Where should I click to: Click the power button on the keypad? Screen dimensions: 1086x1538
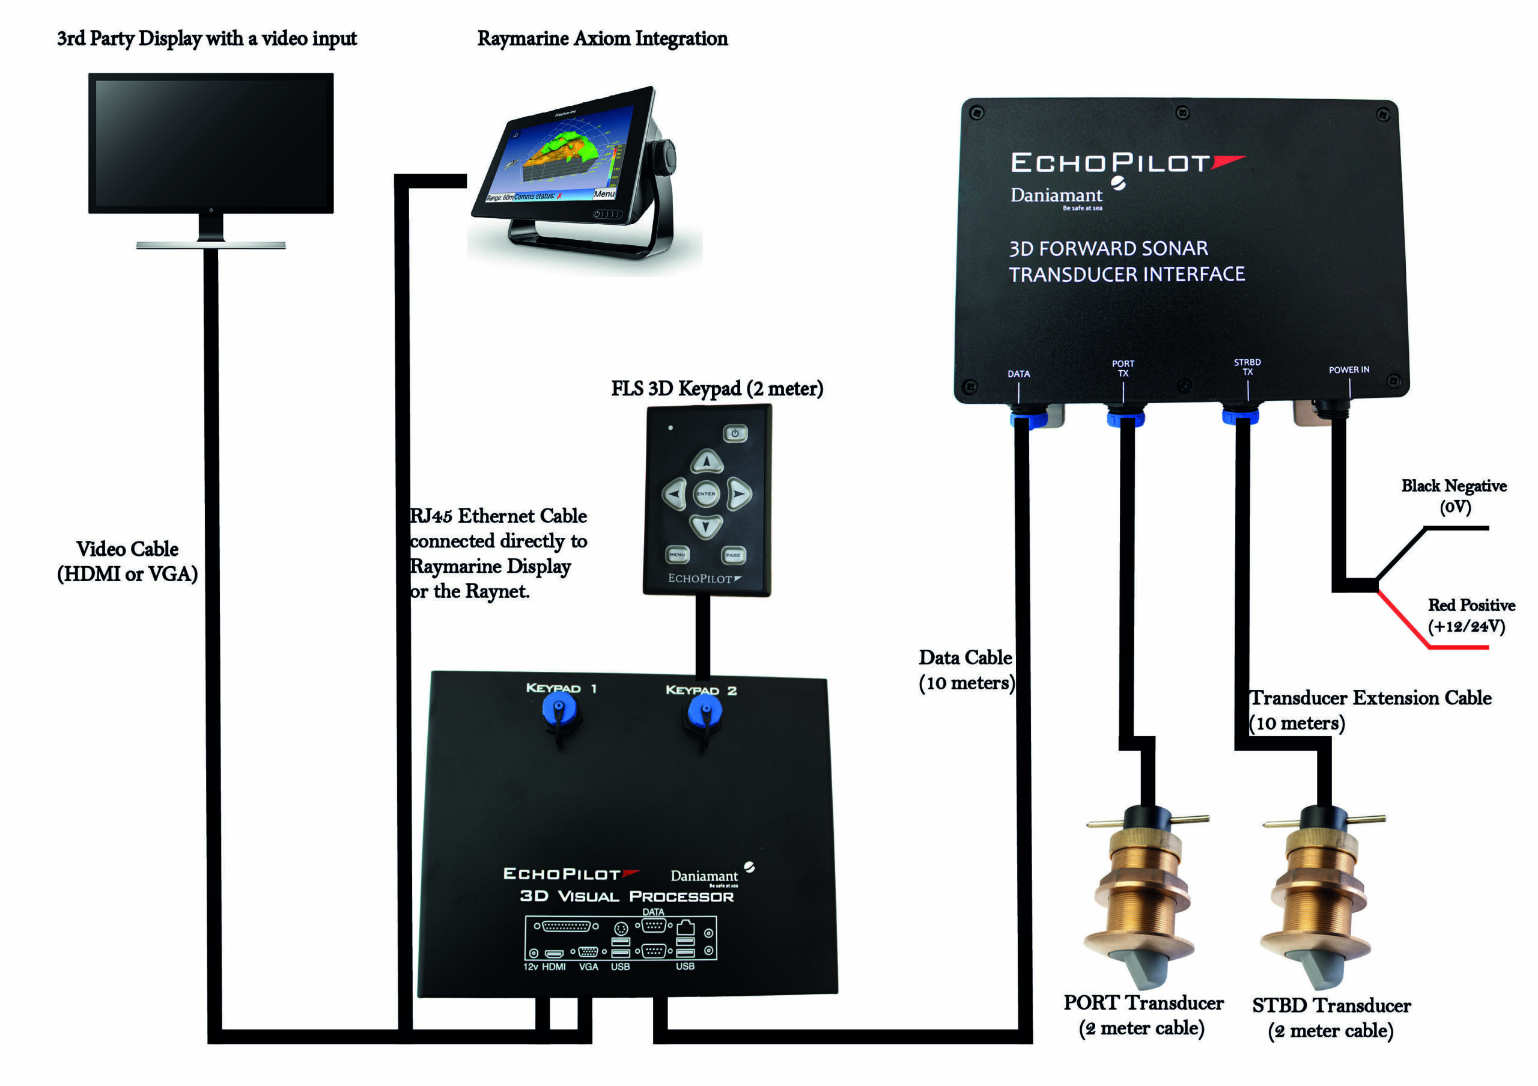click(x=735, y=433)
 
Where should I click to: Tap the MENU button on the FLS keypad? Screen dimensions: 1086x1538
click(x=677, y=555)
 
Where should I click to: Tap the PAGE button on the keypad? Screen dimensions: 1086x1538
click(x=733, y=555)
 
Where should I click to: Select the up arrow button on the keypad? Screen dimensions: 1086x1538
click(x=707, y=462)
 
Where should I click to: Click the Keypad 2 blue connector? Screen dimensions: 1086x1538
click(x=705, y=710)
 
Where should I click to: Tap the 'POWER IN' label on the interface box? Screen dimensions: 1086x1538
click(x=1348, y=370)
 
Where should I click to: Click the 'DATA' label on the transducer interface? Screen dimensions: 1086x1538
click(x=1018, y=374)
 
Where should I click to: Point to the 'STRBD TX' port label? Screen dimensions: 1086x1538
click(x=1247, y=367)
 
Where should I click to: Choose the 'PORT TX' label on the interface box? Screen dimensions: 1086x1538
click(x=1123, y=368)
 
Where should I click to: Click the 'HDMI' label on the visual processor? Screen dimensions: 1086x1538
click(x=553, y=967)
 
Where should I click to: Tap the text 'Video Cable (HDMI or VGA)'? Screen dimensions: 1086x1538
click(x=127, y=561)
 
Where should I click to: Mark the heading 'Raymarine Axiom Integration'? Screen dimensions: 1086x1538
click(x=602, y=38)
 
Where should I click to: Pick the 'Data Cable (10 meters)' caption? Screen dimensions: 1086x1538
click(x=966, y=670)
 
